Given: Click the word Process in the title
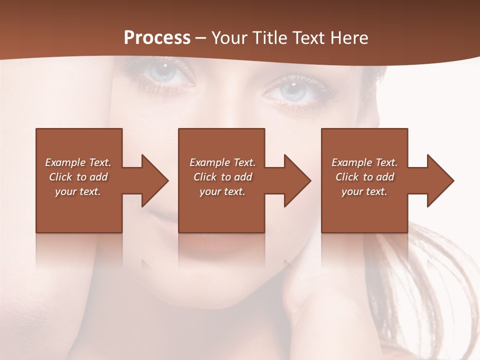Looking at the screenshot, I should (157, 38).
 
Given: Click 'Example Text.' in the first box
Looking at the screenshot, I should (78, 162).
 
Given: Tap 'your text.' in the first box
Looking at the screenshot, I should (78, 191).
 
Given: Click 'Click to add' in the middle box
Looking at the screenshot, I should (222, 177).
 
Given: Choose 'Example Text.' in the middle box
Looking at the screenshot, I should (222, 162).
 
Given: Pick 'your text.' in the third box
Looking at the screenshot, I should (364, 191).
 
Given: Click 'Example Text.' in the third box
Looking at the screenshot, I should (364, 162).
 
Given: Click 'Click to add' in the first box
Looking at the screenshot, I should (78, 177).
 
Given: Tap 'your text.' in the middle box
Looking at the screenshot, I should (222, 191).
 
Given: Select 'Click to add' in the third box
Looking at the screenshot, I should (364, 177).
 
